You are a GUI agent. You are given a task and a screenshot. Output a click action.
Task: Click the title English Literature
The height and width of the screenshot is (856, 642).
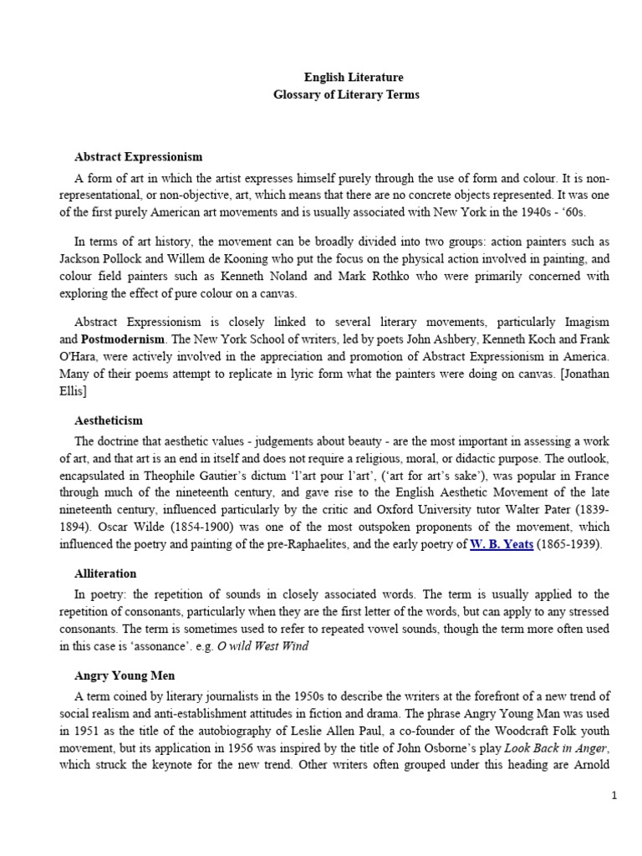(x=347, y=77)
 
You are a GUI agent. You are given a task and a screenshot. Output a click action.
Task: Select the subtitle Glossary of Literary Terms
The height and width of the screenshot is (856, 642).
(x=347, y=94)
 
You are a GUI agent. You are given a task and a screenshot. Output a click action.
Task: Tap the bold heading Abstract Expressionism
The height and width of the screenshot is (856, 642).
(x=139, y=156)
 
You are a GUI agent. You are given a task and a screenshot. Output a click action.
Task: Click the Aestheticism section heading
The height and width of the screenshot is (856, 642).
(x=109, y=420)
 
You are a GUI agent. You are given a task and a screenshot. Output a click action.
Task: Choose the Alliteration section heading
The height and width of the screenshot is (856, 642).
(x=105, y=574)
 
